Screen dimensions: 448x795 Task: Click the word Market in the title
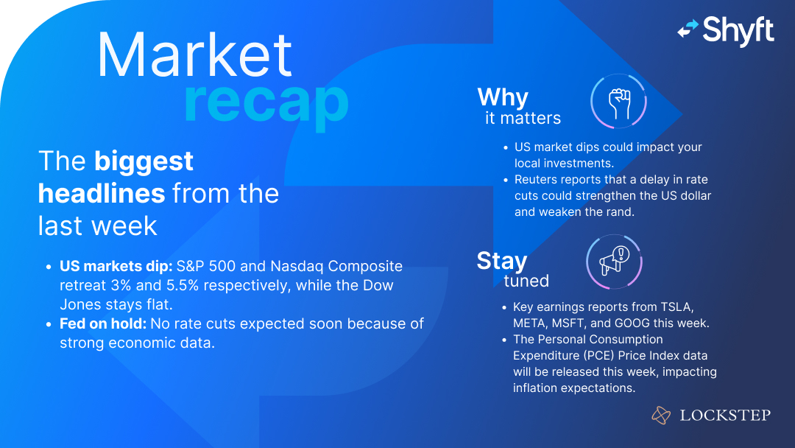pyautogui.click(x=195, y=55)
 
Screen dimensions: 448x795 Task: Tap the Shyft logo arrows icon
pyautogui.click(x=688, y=29)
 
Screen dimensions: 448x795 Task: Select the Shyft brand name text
pyautogui.click(x=738, y=31)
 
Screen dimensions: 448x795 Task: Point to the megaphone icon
pyautogui.click(x=613, y=262)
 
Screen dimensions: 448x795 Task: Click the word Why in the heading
pyautogui.click(x=503, y=97)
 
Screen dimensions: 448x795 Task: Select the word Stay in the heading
pyautogui.click(x=502, y=260)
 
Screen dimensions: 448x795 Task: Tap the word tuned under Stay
pyautogui.click(x=526, y=281)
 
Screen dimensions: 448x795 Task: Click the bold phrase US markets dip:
pyautogui.click(x=116, y=266)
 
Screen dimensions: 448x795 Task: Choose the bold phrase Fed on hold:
pyautogui.click(x=102, y=323)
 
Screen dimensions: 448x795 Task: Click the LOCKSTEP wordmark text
pyautogui.click(x=725, y=416)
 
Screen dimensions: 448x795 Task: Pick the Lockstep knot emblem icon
pyautogui.click(x=661, y=416)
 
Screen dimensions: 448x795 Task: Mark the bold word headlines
pyautogui.click(x=102, y=193)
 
